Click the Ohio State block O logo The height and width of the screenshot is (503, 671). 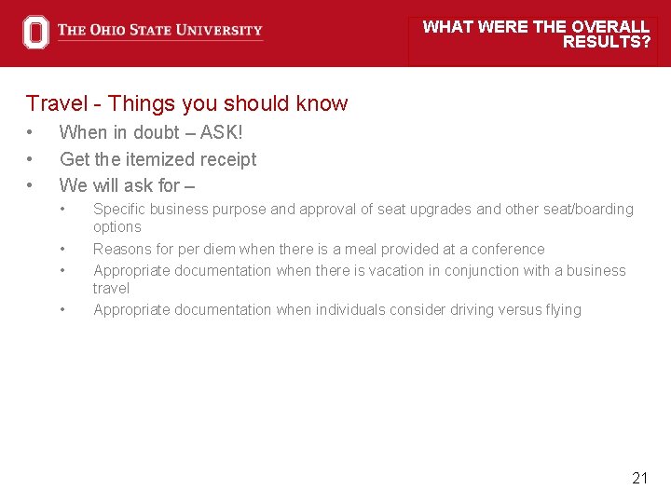coord(35,32)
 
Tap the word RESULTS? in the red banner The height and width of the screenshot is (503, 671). coord(607,42)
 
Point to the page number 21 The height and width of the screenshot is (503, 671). coord(639,478)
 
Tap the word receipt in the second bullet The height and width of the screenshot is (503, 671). coord(226,159)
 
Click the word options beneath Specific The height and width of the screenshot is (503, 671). coord(117,227)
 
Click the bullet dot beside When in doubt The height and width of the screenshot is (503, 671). coord(31,133)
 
